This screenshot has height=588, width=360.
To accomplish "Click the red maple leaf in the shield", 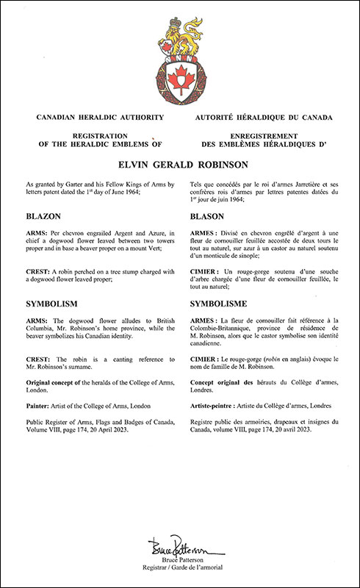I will tap(179, 76).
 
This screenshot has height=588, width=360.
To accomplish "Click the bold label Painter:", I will tap(42, 405).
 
